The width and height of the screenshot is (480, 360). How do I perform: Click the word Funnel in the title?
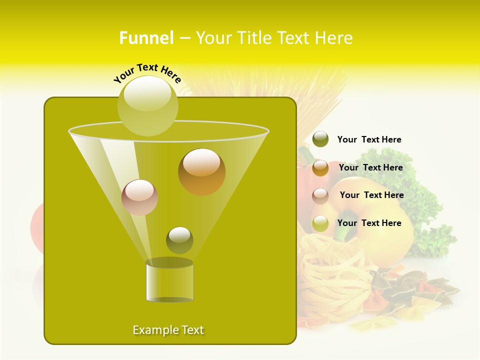[146, 38]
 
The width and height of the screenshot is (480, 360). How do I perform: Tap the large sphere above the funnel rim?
[147, 105]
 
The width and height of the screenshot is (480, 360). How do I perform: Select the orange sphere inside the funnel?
[202, 172]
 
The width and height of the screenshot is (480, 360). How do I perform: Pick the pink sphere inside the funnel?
[139, 197]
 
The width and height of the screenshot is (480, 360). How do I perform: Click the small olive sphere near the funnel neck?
[179, 240]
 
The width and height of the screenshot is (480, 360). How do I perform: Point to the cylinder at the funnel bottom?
[169, 281]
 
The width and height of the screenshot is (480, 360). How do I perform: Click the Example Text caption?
[168, 330]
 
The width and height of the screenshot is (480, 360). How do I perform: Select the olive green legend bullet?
[320, 139]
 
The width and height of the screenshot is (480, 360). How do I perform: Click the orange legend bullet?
[320, 168]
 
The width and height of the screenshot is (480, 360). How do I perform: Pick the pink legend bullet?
[320, 196]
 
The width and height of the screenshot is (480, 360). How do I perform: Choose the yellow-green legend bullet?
[320, 223]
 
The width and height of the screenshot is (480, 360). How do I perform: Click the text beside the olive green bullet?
[369, 139]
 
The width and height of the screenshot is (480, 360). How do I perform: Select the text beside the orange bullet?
[370, 167]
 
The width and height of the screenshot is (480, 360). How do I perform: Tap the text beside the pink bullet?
[371, 195]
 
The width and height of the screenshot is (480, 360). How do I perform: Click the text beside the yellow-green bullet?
[369, 223]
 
